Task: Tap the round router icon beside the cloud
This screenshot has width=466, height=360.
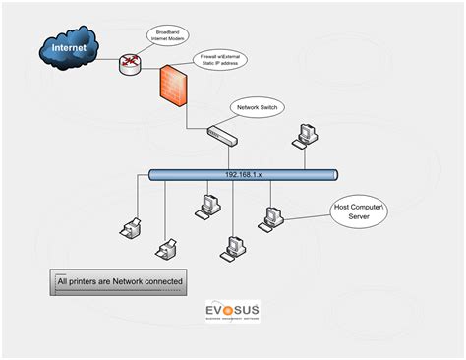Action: [x=130, y=65]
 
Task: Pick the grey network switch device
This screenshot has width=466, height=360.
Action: [x=221, y=132]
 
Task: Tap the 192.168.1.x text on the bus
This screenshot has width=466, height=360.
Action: [x=242, y=175]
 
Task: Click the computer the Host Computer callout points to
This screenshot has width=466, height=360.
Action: [x=271, y=217]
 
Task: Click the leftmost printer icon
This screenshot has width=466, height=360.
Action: [x=129, y=228]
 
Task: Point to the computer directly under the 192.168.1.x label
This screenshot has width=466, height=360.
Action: [x=208, y=205]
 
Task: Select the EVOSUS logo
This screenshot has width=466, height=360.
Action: [x=232, y=313]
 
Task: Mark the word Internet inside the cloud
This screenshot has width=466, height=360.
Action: [x=69, y=46]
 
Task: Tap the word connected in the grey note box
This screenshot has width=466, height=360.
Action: [x=158, y=281]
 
